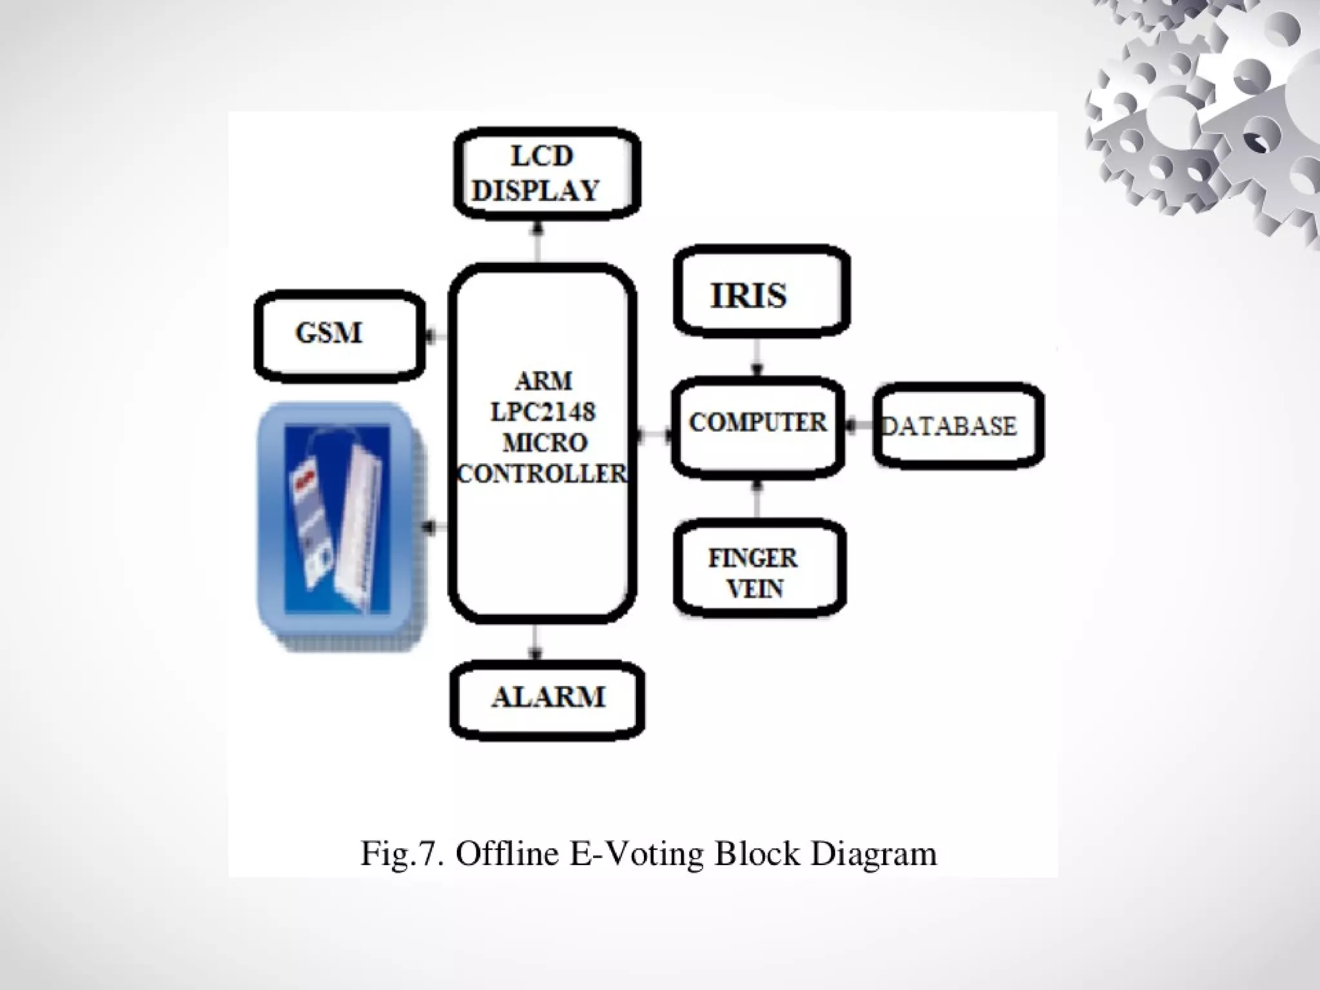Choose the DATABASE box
point(958,426)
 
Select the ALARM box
point(548,699)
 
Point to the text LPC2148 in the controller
point(543,412)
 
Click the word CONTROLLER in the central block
point(541,474)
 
